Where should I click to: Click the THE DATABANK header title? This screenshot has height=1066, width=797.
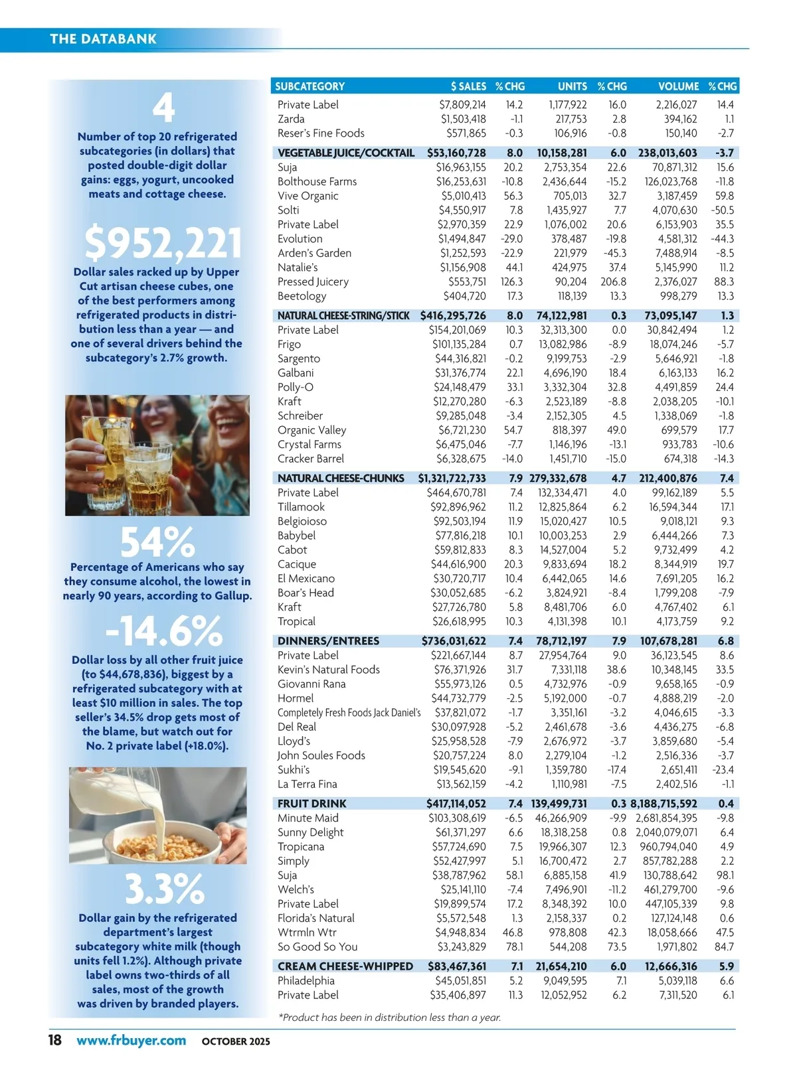[103, 39]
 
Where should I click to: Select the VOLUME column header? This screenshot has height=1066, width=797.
[678, 86]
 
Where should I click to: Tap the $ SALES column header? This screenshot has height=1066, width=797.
[468, 86]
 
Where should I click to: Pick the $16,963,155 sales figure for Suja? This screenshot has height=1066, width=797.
[461, 167]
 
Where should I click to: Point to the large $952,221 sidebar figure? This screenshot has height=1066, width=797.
[163, 243]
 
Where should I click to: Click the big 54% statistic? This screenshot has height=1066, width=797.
[157, 542]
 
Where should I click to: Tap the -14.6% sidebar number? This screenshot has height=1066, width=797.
[163, 631]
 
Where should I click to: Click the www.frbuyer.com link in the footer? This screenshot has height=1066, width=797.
[131, 1041]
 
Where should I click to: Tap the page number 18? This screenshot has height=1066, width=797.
[54, 1040]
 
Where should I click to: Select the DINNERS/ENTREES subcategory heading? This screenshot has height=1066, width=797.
[328, 641]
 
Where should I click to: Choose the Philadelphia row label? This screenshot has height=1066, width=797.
[306, 981]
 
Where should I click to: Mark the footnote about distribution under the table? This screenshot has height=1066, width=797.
[389, 1018]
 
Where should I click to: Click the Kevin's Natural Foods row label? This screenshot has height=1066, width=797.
[328, 670]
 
